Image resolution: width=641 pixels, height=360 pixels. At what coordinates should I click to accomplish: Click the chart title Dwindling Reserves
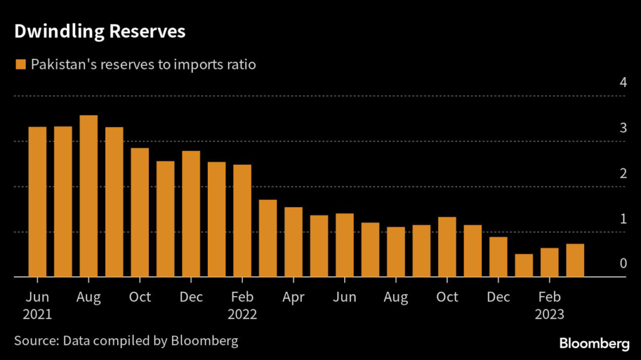pos(100,32)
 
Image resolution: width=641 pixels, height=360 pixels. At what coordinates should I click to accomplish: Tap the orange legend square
pos(21,64)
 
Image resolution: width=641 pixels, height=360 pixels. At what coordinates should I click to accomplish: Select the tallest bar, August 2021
pos(89,196)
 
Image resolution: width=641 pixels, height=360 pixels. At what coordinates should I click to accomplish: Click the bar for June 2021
pos(38,202)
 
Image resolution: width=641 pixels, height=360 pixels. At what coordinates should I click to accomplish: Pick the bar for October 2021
pos(140,212)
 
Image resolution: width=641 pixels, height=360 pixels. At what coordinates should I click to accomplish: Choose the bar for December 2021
pos(191,213)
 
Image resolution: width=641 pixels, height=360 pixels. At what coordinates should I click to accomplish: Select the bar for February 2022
pos(242,220)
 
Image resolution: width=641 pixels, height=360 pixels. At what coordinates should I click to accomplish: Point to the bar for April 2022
pos(294,242)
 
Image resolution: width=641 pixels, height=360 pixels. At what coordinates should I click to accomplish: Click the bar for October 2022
pos(447,247)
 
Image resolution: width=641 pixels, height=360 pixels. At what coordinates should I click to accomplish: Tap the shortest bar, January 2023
pos(524,265)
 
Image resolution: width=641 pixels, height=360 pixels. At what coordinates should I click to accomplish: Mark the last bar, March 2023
pos(575,260)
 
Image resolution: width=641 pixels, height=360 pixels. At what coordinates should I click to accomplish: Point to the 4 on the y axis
pos(623,83)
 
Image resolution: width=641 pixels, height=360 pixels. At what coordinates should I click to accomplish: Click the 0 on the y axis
pos(623,264)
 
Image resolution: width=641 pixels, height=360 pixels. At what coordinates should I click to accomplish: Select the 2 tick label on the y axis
pos(623,173)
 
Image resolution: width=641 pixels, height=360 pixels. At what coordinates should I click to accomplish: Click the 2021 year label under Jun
pos(38,314)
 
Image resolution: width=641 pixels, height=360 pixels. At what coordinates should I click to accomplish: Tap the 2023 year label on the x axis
pos(550,314)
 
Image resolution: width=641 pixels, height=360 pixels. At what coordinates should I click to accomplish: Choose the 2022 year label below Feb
pos(242,314)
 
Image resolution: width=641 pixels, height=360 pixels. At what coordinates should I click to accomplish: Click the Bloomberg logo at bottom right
pos(594,343)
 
